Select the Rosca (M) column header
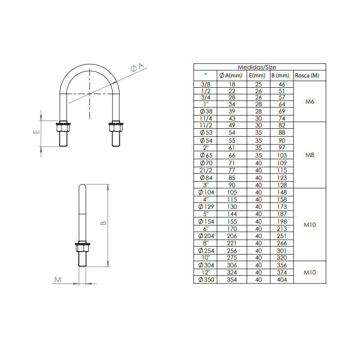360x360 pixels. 307,76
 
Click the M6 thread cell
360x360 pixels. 309,102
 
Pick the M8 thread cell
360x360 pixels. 309,155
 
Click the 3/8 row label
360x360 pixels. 205,84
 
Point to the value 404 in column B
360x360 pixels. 282,279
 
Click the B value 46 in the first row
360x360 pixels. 282,84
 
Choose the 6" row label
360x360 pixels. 205,228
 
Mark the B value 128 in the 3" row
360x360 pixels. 282,184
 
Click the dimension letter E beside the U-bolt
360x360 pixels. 37,132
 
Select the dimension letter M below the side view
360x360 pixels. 57,280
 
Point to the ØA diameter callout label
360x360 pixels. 137,67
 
